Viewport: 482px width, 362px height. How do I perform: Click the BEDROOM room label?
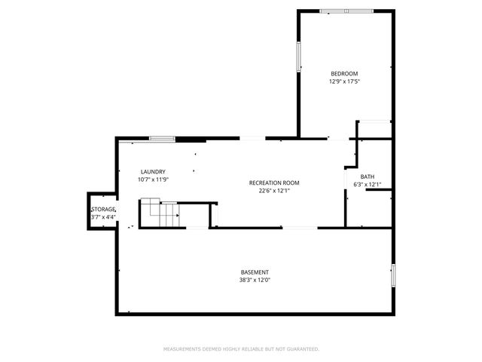[x=345, y=73]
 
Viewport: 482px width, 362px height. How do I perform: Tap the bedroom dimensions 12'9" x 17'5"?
[x=345, y=81]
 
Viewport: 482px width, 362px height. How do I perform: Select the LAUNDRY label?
[x=153, y=172]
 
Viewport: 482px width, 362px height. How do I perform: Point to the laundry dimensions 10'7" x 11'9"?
[x=153, y=179]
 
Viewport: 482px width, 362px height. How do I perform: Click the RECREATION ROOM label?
[x=274, y=183]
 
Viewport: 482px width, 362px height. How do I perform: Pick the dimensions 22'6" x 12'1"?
[x=274, y=191]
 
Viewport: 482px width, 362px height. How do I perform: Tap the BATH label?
[x=367, y=177]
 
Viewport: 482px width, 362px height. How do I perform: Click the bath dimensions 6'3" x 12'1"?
[x=367, y=185]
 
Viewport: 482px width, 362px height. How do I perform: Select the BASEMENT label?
[x=255, y=272]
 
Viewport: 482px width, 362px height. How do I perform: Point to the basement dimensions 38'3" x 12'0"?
[x=255, y=281]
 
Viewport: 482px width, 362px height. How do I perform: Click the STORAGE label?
[x=104, y=209]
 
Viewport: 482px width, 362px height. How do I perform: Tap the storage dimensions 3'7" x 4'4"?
[x=103, y=217]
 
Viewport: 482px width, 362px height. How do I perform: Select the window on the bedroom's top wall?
[x=346, y=11]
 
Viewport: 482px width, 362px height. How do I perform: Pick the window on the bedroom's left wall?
[x=298, y=57]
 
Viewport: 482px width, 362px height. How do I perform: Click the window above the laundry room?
[x=162, y=138]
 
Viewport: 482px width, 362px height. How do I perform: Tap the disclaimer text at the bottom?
[x=241, y=349]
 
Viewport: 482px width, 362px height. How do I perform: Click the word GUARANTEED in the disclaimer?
[x=302, y=349]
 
